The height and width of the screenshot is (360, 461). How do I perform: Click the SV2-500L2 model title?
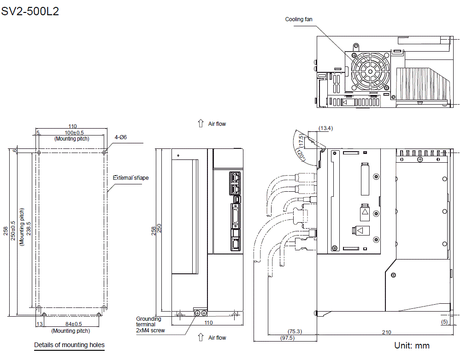[x=30, y=12]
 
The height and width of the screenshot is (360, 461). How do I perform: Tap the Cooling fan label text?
[x=298, y=19]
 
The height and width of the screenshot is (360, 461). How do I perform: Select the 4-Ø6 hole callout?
[x=120, y=137]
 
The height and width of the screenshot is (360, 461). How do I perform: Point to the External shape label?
[x=131, y=177]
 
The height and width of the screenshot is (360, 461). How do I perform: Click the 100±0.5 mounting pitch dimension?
[x=71, y=133]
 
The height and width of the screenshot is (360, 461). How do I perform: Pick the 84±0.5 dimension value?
[x=71, y=324]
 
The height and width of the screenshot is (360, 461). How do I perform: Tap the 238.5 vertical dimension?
[x=29, y=229]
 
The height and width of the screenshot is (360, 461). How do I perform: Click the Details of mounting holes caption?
[x=69, y=345]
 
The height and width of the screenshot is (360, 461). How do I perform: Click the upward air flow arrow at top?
[x=201, y=124]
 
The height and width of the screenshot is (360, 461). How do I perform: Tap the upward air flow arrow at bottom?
[x=201, y=337]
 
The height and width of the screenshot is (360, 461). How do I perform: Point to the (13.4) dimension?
[x=325, y=128]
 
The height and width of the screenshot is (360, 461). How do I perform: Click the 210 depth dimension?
[x=386, y=332]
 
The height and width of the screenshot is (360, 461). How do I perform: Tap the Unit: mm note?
[x=412, y=345]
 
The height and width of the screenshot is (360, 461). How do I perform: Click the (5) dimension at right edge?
[x=444, y=322]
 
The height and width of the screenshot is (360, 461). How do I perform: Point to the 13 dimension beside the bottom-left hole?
[x=39, y=324]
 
